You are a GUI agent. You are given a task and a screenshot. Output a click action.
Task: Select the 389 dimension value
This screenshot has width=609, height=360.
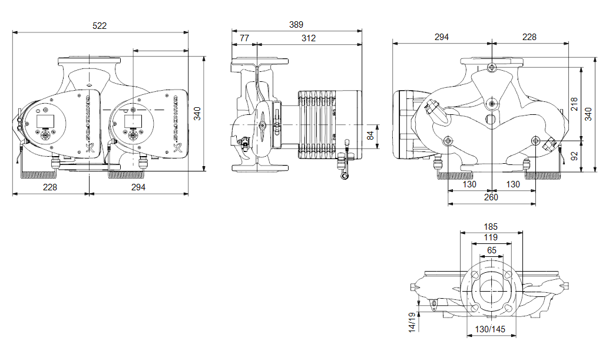(x=296, y=25)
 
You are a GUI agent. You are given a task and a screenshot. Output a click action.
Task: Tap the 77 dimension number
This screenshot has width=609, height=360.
(x=244, y=38)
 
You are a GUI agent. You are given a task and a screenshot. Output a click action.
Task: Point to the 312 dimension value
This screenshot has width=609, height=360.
(x=308, y=38)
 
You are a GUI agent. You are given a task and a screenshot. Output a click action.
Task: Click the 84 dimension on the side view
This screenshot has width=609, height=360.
(x=369, y=136)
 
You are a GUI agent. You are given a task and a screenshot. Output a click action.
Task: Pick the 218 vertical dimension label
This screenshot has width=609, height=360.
(x=575, y=104)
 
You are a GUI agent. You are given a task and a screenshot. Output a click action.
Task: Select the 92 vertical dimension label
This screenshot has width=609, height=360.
(x=575, y=156)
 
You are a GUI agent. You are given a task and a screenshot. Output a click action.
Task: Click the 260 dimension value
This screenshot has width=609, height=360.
(x=491, y=197)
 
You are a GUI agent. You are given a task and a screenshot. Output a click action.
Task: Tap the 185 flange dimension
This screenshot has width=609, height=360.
(x=491, y=226)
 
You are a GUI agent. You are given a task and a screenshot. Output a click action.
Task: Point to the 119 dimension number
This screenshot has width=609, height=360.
(x=491, y=237)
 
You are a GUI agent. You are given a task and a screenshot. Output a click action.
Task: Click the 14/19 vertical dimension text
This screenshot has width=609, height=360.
(x=412, y=321)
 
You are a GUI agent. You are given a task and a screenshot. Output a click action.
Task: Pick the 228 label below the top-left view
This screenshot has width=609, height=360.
(x=49, y=187)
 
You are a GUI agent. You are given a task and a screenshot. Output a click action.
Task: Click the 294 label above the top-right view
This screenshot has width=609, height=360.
(x=441, y=37)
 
